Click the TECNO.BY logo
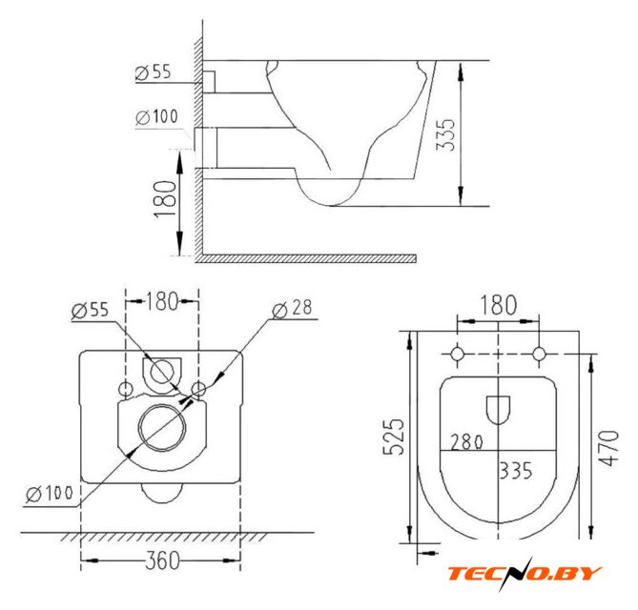[525, 574]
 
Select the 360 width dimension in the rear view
[162, 560]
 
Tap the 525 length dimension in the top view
[394, 437]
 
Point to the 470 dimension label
[608, 448]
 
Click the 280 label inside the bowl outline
[466, 441]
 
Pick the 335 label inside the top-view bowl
[516, 471]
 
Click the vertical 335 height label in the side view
[445, 135]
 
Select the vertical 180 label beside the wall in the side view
[166, 199]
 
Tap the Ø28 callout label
[292, 309]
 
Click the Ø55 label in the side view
[154, 72]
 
